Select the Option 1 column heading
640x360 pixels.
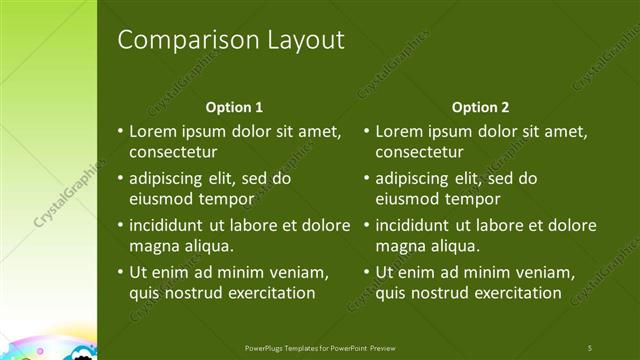pos(234,107)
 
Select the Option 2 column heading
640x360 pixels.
pos(480,107)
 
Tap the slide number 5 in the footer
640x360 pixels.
pos(590,347)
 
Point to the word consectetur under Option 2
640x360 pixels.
pos(419,152)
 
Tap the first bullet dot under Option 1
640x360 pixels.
pos(120,132)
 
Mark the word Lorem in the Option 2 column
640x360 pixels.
pos(398,132)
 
